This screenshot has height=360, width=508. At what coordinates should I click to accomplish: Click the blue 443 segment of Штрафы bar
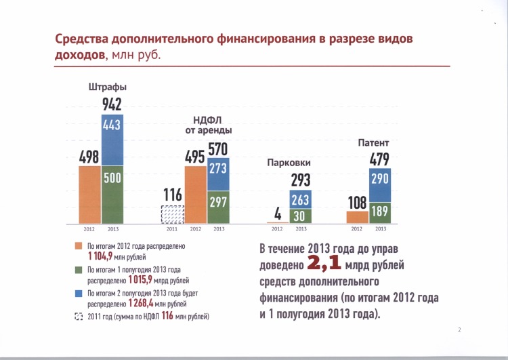112,140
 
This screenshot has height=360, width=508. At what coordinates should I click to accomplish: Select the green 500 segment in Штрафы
112,195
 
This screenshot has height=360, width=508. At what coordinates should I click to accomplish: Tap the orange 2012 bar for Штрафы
89,195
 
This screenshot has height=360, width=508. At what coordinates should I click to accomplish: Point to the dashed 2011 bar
173,214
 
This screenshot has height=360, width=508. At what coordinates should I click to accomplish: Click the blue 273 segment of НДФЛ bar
218,174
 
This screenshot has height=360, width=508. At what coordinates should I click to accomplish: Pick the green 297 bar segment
218,207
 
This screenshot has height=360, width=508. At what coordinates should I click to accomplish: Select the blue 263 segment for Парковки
300,199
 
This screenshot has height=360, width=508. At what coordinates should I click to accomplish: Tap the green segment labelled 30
300,216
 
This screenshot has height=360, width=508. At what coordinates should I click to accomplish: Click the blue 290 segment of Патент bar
380,185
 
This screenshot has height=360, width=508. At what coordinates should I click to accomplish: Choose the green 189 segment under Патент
380,213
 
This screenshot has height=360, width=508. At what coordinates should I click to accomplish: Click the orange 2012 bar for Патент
358,218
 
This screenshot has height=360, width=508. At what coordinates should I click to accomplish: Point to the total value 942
112,104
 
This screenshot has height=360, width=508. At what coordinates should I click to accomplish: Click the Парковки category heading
289,163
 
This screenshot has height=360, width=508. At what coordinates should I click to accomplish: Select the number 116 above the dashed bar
173,195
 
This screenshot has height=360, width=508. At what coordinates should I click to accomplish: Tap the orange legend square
79,246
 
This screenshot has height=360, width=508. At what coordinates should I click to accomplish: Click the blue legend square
79,293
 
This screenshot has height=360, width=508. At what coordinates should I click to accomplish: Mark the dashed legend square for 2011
79,316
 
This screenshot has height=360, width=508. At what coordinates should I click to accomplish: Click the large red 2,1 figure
324,263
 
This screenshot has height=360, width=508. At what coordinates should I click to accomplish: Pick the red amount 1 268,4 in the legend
141,303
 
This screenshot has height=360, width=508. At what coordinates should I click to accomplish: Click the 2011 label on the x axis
172,229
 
